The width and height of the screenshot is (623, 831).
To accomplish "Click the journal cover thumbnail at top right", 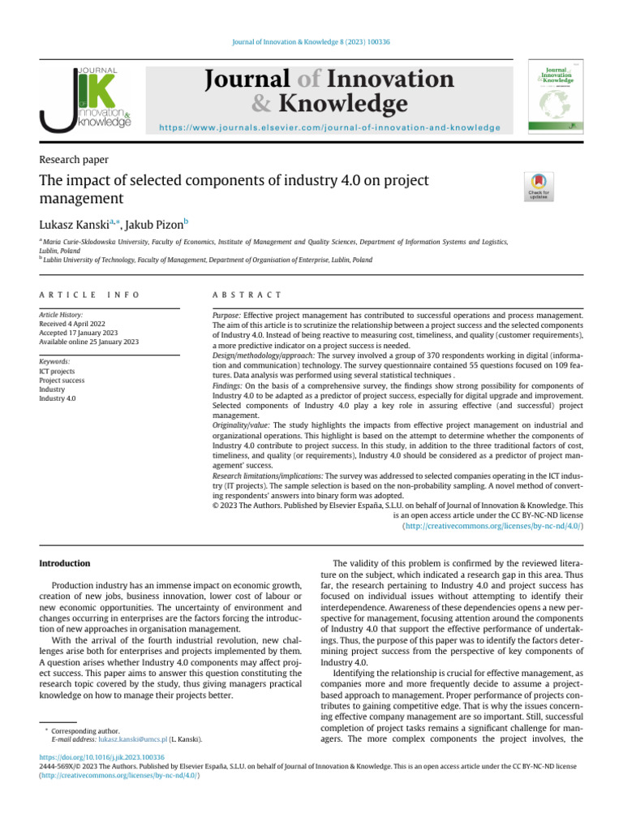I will pos(558,95).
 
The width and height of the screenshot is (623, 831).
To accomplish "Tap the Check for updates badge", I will pos(536,187).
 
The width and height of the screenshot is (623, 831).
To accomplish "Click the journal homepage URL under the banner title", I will pos(329,128).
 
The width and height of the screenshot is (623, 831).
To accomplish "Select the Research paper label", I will pos(74,160).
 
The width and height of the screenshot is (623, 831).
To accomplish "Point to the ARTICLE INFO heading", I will pos(89,295).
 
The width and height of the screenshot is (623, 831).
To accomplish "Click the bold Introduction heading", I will pos(65,563).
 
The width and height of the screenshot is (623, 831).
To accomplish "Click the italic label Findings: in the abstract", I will pos(227,387).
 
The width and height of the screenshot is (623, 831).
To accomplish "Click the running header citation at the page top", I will pos(311,41).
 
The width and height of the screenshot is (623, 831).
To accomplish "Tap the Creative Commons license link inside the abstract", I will pos(493,527).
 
